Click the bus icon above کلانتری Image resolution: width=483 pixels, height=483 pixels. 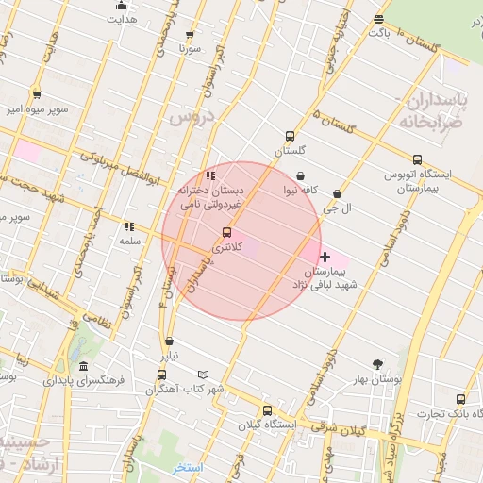click(226, 232)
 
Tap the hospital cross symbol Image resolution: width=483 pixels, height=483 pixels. click(325, 257)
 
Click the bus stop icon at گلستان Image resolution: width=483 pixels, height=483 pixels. click(290, 135)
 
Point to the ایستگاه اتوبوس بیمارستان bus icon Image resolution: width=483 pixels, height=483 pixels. click(417, 158)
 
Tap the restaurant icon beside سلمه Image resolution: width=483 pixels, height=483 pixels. click(129, 226)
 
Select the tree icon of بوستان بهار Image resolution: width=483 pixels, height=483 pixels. click(377, 364)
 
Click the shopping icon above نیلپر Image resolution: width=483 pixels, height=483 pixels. click(169, 341)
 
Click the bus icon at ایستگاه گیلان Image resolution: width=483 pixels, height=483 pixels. click(268, 410)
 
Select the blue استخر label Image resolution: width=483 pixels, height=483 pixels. click(187, 468)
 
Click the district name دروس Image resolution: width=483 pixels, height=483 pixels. click(192, 117)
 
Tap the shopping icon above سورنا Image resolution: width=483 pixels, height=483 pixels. click(191, 34)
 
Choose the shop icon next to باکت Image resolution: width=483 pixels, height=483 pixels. click(378, 19)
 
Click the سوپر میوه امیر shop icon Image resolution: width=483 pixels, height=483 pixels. click(36, 94)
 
